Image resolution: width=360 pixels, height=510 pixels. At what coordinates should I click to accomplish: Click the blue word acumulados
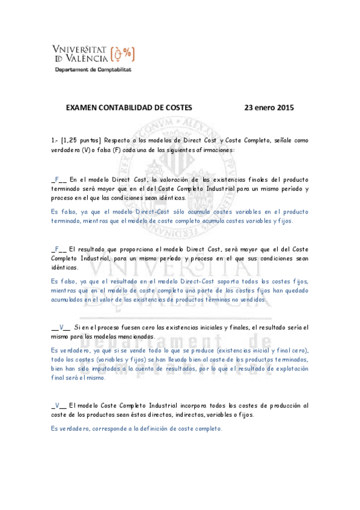pyautogui.click(x=69, y=299)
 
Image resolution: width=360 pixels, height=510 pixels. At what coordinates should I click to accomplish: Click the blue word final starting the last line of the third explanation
pyautogui.click(x=59, y=378)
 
